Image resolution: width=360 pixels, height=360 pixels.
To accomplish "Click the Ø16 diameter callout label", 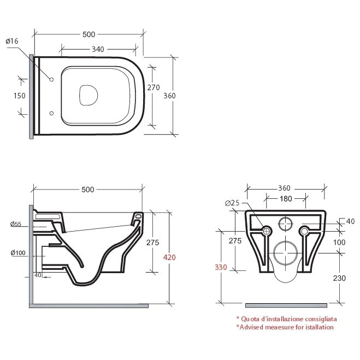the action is (12, 42).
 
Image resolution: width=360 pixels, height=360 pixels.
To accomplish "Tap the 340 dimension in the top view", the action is (98, 49).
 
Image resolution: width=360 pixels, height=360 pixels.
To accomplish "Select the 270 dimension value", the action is (154, 87).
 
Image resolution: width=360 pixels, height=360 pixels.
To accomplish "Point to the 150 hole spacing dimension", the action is (20, 96).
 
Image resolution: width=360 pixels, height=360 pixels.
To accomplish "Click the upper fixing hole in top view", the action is (52, 79).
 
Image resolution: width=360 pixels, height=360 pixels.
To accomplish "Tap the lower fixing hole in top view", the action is (52, 113).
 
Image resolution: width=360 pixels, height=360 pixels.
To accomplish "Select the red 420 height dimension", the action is (169, 257).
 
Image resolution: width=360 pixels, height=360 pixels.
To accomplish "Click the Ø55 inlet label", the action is (16, 224).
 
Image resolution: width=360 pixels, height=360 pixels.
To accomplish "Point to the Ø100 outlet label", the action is (18, 253).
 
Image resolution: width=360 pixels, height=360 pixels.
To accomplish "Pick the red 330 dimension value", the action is (221, 267).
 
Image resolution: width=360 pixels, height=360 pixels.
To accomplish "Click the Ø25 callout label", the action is (232, 203).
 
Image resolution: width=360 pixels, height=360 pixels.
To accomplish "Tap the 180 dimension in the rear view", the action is (286, 199).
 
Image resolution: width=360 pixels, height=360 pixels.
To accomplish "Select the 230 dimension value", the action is (339, 278).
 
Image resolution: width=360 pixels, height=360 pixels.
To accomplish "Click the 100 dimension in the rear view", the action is (339, 242).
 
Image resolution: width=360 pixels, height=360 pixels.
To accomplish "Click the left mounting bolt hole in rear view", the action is (267, 231).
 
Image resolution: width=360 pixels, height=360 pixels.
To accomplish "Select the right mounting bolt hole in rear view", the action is (304, 231).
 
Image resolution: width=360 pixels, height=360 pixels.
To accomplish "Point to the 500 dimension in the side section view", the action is (88, 190).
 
